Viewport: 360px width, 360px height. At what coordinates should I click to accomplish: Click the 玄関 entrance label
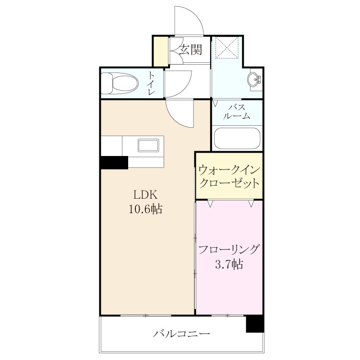(x=191, y=49)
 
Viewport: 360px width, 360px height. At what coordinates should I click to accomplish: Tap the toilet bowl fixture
(x=120, y=84)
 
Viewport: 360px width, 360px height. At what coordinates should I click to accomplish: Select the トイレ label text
(x=151, y=84)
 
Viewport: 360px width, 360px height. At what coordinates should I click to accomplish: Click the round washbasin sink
(x=254, y=80)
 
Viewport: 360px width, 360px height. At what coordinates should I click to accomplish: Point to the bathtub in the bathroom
(x=237, y=138)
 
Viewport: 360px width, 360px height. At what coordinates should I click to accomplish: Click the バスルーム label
(x=237, y=112)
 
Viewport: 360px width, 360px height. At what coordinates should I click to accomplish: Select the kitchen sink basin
(x=148, y=145)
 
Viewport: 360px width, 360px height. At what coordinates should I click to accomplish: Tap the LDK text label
(x=146, y=195)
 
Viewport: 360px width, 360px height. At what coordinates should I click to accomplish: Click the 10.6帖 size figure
(x=145, y=209)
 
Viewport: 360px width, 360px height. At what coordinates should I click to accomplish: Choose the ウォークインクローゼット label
(x=229, y=177)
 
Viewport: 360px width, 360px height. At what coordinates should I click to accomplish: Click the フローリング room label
(x=229, y=250)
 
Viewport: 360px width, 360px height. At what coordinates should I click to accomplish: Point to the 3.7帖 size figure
(x=229, y=264)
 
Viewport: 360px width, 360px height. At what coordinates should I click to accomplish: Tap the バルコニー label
(x=181, y=333)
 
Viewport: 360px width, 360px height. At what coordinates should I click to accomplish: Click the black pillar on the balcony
(x=254, y=324)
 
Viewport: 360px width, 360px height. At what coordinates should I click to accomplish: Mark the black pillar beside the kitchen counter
(x=114, y=163)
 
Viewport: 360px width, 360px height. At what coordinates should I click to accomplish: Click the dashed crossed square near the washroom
(x=227, y=48)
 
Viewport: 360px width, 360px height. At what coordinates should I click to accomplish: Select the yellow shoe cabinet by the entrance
(x=161, y=51)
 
